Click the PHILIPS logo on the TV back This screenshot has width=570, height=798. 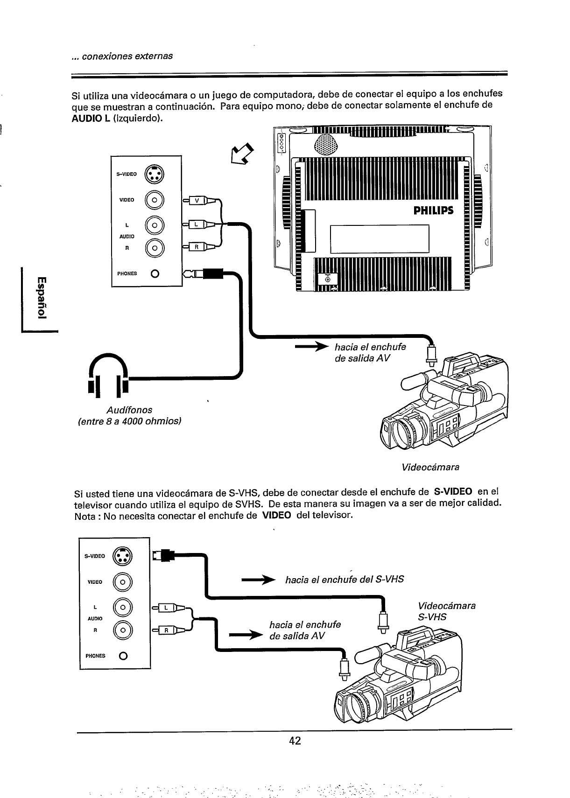point(433,210)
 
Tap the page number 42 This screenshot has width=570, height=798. point(295,741)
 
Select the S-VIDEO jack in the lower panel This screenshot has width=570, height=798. point(123,556)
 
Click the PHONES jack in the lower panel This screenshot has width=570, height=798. point(123,656)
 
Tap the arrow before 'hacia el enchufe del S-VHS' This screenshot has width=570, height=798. point(257,580)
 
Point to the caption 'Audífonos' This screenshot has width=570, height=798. point(129,410)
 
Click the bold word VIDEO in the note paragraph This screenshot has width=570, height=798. point(277,516)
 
